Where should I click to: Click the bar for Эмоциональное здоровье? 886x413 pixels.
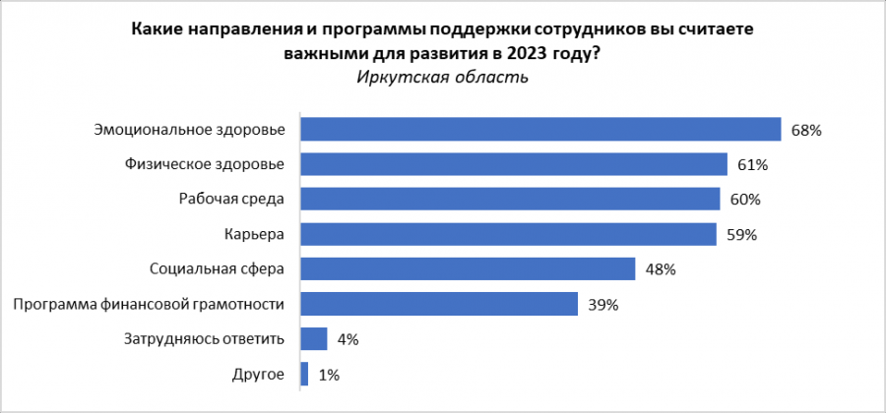click(539, 129)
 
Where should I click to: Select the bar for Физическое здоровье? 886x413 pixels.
click(513, 164)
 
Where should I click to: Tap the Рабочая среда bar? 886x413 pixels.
click(510, 199)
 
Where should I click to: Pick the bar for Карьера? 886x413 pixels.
click(507, 234)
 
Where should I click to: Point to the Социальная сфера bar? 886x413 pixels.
click(467, 268)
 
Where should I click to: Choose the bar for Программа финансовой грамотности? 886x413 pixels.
click(438, 304)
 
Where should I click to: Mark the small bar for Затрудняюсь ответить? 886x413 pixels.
click(313, 339)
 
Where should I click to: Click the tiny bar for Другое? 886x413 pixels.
click(304, 374)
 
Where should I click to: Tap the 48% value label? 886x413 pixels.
click(661, 269)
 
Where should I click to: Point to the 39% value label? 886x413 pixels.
click(602, 305)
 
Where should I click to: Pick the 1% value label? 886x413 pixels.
click(330, 375)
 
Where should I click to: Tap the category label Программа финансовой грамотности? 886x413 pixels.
click(149, 304)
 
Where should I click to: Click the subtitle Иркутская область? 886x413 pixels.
click(443, 78)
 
